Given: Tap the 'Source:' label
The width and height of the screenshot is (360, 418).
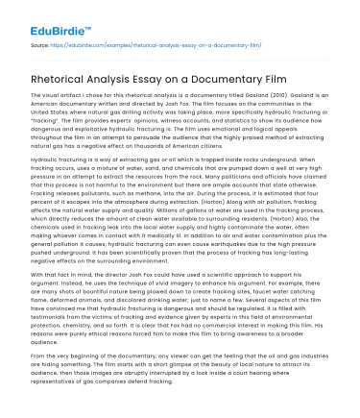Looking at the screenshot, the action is (x=40, y=44).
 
